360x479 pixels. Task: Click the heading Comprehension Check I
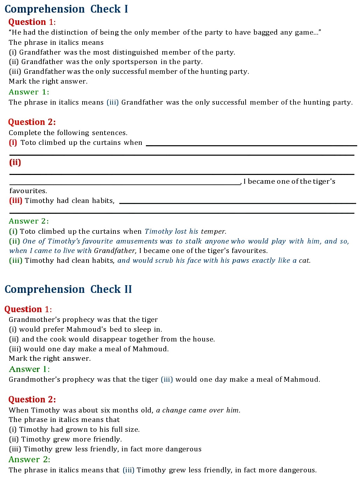[x=66, y=9]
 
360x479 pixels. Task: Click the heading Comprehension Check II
[x=68, y=289]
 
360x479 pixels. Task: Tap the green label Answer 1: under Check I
[x=29, y=92]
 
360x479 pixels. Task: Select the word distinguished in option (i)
[x=138, y=52]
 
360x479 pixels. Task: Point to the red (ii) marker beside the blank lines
[x=15, y=162]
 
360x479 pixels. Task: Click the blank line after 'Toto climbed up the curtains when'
[x=250, y=145]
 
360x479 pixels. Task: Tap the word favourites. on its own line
[x=28, y=191]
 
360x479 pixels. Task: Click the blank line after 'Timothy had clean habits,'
[x=237, y=203]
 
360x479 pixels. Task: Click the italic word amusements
[x=137, y=241]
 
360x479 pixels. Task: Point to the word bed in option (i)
[x=114, y=329]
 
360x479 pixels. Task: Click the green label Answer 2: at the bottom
[x=29, y=459]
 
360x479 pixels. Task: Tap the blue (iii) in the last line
[x=128, y=470]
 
